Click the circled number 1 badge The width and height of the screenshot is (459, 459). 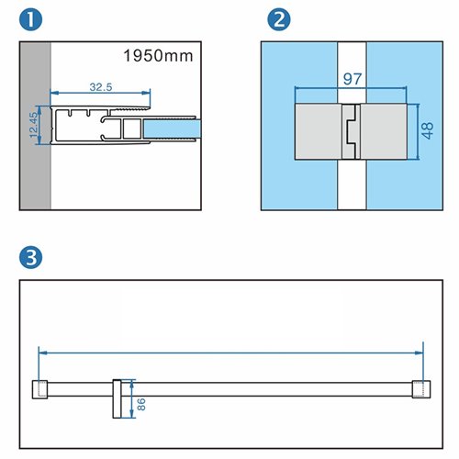click(x=30, y=19)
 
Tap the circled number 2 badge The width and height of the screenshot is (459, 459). click(x=279, y=19)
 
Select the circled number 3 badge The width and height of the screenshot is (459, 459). click(x=30, y=258)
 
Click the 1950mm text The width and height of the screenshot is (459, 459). click(x=158, y=56)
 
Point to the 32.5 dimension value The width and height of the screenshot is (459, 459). click(x=101, y=87)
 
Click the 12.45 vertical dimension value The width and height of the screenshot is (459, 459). click(x=34, y=125)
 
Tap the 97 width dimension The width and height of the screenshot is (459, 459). click(x=353, y=79)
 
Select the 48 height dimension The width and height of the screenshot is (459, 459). click(x=428, y=130)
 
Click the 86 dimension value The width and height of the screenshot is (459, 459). click(x=141, y=405)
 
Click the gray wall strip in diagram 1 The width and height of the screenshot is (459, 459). click(x=36, y=126)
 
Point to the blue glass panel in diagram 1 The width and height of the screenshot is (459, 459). click(x=172, y=129)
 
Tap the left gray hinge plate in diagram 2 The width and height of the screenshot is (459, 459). click(x=319, y=131)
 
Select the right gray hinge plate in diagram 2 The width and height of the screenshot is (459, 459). click(x=384, y=131)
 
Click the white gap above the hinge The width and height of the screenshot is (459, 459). click(x=352, y=73)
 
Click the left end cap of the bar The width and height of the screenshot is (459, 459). click(x=39, y=389)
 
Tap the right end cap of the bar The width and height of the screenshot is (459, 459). click(x=421, y=389)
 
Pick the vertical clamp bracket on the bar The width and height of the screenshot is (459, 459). click(x=117, y=399)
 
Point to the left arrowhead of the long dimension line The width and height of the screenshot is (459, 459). click(x=43, y=353)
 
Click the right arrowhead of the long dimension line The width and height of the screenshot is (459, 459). click(x=419, y=353)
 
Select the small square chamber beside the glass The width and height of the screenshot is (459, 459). click(x=132, y=129)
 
